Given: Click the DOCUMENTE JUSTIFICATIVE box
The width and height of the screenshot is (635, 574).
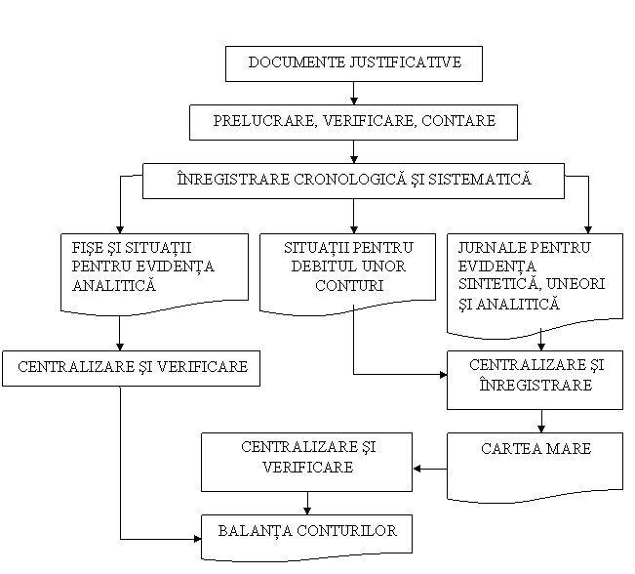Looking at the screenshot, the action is (354, 63).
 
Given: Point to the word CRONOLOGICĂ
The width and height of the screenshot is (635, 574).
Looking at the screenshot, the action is (349, 179).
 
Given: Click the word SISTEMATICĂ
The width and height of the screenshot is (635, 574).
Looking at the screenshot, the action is (480, 179).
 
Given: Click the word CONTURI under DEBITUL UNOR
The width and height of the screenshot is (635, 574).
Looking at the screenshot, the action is (348, 285).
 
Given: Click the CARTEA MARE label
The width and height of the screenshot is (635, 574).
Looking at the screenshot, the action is (536, 449).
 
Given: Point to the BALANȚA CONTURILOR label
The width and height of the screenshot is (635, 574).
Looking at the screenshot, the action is (307, 531).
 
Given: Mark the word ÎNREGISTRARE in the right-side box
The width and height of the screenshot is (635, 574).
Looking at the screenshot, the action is (536, 385).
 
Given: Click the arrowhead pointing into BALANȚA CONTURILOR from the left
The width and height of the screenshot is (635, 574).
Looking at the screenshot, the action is (198, 539).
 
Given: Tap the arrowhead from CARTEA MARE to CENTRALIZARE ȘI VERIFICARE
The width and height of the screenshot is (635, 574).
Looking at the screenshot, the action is (417, 469).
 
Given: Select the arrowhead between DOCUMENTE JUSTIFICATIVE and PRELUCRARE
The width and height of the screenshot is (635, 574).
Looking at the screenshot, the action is (353, 101).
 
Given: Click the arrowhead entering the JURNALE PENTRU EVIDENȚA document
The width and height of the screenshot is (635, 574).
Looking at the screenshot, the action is (588, 229).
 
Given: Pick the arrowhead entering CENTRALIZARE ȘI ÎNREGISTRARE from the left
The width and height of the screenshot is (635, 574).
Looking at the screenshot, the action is (443, 375).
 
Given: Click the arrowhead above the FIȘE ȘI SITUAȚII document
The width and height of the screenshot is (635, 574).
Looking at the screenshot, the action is (119, 229).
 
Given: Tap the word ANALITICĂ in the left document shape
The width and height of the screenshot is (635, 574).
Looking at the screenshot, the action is (114, 285).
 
